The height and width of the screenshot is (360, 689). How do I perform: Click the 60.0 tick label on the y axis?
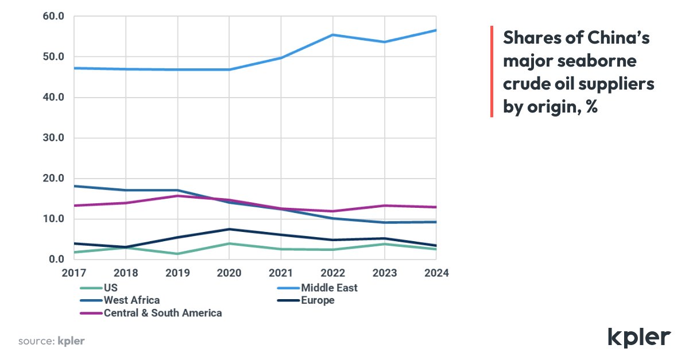pyautogui.click(x=53, y=16)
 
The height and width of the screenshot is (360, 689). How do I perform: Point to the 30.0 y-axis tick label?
pyautogui.click(x=53, y=138)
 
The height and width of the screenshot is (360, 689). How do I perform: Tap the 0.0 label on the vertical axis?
pyautogui.click(x=57, y=259)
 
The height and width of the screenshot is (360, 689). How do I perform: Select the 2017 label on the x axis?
pyautogui.click(x=74, y=273)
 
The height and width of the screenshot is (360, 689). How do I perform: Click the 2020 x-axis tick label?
pyautogui.click(x=229, y=273)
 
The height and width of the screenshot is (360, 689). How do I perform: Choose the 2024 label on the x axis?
pyautogui.click(x=436, y=273)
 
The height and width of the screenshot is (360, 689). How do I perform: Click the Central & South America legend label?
pyautogui.click(x=162, y=313)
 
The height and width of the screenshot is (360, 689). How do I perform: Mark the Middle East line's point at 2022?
pyautogui.click(x=333, y=35)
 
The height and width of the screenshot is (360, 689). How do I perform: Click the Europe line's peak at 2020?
pyautogui.click(x=229, y=229)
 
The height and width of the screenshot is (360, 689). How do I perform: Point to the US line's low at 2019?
pyautogui.click(x=177, y=254)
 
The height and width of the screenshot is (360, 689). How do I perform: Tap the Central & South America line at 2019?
pyautogui.click(x=177, y=196)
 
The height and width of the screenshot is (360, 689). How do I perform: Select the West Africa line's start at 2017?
pyautogui.click(x=74, y=186)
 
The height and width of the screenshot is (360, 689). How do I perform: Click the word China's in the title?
pyautogui.click(x=618, y=38)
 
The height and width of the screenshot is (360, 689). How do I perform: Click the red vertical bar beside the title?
pyautogui.click(x=492, y=71)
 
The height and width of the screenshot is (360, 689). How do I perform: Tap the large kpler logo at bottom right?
pyautogui.click(x=639, y=338)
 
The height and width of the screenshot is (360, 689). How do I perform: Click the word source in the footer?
pyautogui.click(x=37, y=341)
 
